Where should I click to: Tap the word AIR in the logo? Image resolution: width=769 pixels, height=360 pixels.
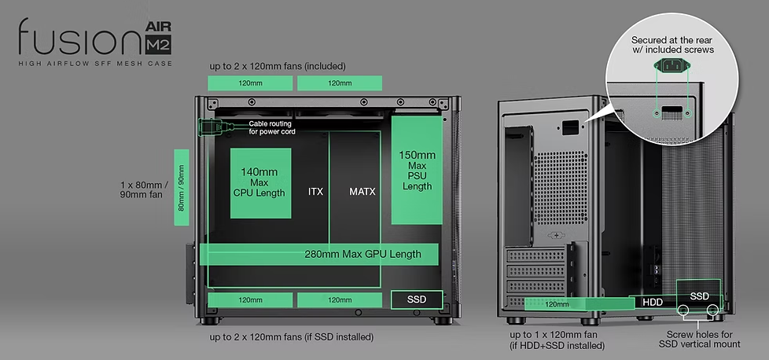click(158, 27)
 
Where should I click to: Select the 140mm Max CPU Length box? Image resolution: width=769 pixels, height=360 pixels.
click(260, 183)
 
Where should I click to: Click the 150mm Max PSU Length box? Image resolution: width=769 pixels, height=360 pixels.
click(417, 171)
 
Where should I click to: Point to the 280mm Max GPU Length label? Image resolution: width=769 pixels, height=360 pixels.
click(362, 254)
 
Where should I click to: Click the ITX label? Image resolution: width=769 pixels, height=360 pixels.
click(315, 191)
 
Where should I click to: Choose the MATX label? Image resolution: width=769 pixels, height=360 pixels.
click(362, 191)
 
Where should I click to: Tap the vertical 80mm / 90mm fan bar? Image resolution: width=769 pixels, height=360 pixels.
click(182, 187)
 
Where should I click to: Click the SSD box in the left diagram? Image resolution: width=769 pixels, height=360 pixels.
click(417, 299)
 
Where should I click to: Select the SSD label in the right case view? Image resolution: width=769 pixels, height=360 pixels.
click(699, 296)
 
